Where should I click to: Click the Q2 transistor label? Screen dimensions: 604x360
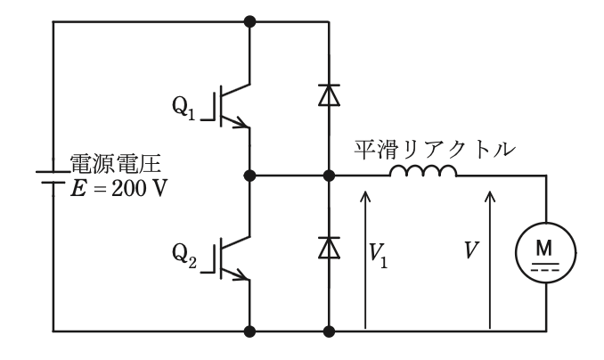coord(184,256)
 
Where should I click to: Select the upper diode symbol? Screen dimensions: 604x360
coord(329,94)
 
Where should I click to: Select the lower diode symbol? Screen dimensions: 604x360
coord(329,248)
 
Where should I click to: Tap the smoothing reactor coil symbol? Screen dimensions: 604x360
coord(423,171)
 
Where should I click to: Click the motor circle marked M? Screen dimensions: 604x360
coord(546,253)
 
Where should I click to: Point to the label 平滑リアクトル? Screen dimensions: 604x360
coord(435,150)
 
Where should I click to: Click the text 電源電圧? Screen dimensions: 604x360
coord(115,164)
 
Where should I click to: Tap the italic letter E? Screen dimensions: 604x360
coord(78,189)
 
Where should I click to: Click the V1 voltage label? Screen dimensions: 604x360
coord(378,256)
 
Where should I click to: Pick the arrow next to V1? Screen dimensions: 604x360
coord(365,259)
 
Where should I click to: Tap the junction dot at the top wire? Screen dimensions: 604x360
coord(250,21)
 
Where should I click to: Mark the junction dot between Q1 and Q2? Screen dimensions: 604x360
coord(250,176)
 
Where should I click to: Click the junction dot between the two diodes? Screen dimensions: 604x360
coord(329,176)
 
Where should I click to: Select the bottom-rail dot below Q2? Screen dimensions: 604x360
coord(250,331)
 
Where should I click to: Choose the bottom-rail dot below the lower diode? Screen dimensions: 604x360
coord(329,331)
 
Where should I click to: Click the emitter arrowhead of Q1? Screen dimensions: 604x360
coord(241,123)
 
